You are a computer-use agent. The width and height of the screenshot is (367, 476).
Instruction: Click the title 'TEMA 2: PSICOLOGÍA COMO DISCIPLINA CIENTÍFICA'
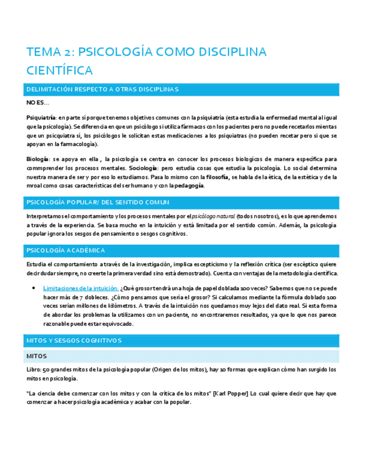(x=146, y=61)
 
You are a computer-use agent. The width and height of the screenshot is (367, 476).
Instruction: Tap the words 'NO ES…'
(x=38, y=103)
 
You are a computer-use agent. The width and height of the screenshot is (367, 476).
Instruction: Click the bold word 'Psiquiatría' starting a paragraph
(x=41, y=117)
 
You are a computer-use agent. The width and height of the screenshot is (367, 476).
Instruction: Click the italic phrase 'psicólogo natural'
(x=212, y=217)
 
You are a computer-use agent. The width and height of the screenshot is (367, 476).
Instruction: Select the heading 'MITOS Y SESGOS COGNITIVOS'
(x=74, y=341)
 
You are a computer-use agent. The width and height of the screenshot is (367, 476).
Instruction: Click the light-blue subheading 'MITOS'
(x=38, y=356)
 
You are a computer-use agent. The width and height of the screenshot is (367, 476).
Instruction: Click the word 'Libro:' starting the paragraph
(x=35, y=370)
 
